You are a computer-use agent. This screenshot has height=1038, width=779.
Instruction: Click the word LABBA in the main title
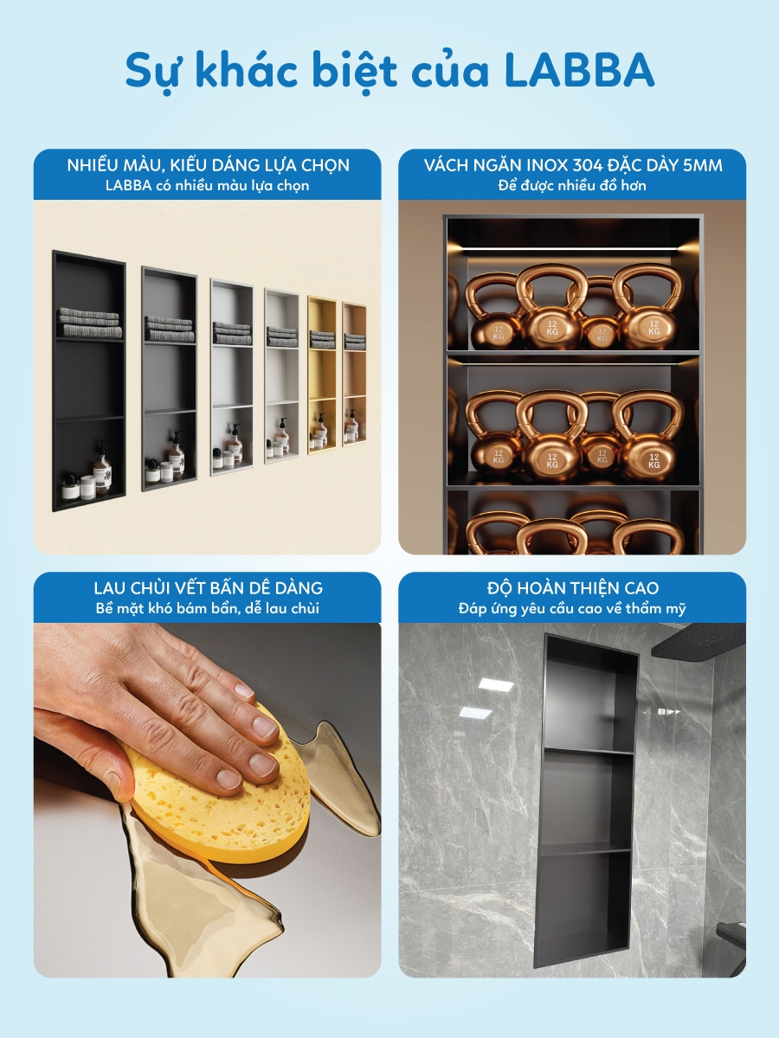pyautogui.click(x=579, y=70)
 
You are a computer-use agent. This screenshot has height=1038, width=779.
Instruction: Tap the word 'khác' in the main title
pyautogui.click(x=247, y=69)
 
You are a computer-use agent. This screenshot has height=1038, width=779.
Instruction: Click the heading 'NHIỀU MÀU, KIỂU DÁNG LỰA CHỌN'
pyautogui.click(x=208, y=165)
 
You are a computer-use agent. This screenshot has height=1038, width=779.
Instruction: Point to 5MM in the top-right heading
pyautogui.click(x=702, y=165)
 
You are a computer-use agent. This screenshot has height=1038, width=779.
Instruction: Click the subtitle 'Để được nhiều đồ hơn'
pyautogui.click(x=572, y=185)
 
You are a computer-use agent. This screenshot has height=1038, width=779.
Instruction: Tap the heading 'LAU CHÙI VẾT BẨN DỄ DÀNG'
pyautogui.click(x=208, y=588)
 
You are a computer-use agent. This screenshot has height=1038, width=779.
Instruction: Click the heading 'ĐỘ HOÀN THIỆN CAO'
pyautogui.click(x=572, y=588)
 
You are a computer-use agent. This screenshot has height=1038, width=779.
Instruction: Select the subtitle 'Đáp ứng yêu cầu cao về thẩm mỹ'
pyautogui.click(x=572, y=608)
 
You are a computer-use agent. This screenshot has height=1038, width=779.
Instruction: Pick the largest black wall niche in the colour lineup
pyautogui.click(x=88, y=381)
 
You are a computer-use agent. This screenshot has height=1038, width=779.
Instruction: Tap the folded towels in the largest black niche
pyautogui.click(x=89, y=323)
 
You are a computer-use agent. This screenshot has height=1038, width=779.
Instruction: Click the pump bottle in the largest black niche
pyautogui.click(x=102, y=468)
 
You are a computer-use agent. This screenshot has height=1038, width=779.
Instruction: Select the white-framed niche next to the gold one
pyautogui.click(x=281, y=375)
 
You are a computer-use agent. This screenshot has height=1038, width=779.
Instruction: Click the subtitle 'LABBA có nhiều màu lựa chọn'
pyautogui.click(x=207, y=185)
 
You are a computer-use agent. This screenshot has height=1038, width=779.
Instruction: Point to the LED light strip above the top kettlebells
pyautogui.click(x=572, y=247)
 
